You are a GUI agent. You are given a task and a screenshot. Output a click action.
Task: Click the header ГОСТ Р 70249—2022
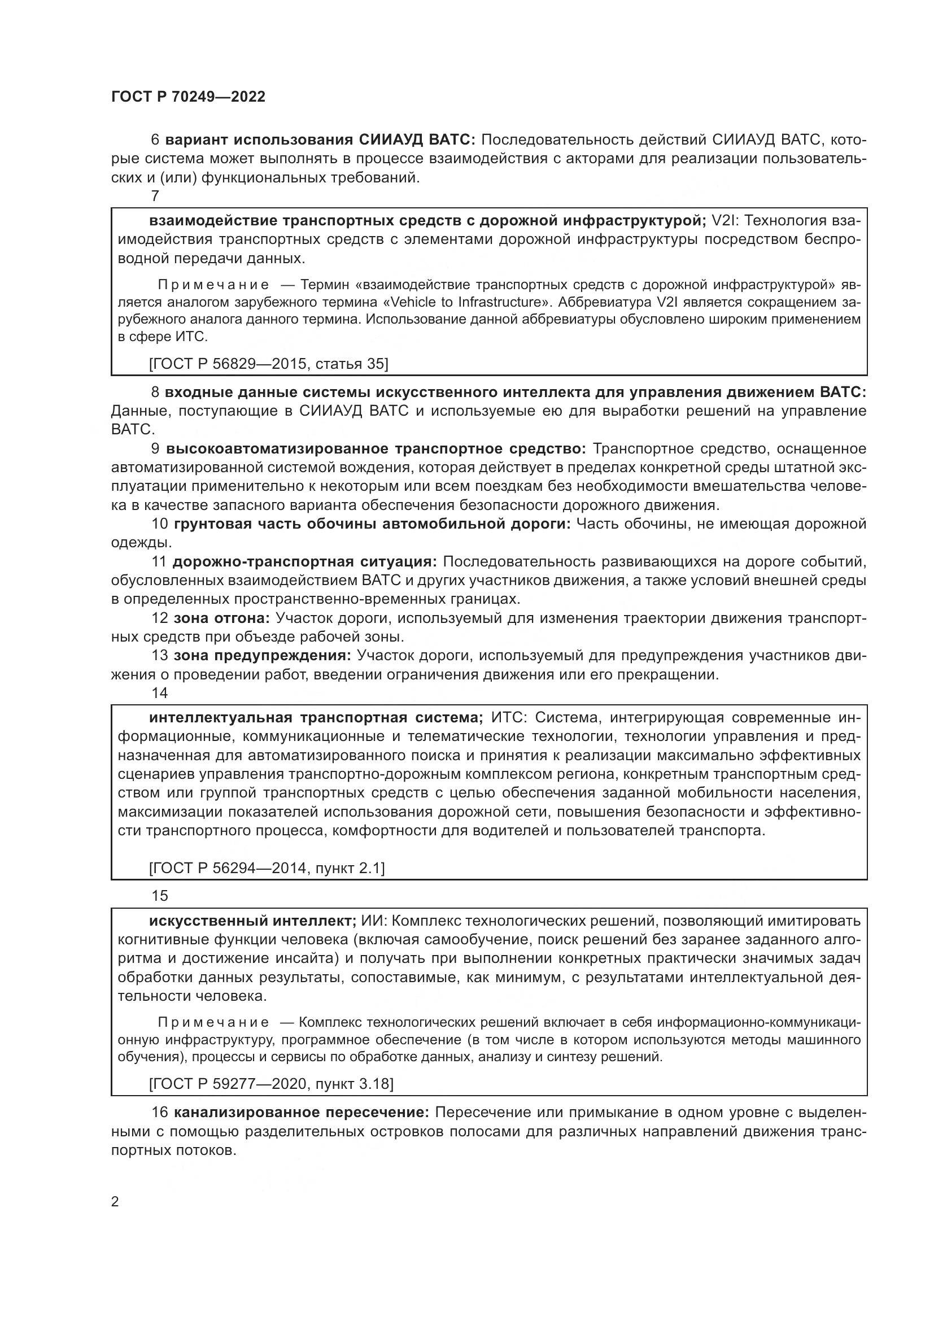point(188,97)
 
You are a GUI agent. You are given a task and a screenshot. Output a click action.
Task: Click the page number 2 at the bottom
point(115,1202)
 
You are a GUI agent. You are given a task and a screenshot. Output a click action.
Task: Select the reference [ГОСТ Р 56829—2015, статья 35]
point(268,364)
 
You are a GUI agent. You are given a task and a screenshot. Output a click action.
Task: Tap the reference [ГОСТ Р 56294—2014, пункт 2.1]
point(267,867)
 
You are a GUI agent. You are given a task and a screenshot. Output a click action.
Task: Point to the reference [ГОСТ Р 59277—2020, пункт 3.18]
point(271,1084)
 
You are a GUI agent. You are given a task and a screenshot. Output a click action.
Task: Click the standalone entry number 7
point(155,195)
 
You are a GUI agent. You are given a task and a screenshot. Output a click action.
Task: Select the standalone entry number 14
point(159,693)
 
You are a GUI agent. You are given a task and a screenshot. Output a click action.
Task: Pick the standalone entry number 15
point(159,895)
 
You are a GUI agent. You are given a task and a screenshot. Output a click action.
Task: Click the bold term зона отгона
point(221,618)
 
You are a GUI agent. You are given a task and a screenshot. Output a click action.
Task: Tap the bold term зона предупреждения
point(262,655)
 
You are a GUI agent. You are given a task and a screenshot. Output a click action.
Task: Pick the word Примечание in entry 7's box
point(213,285)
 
